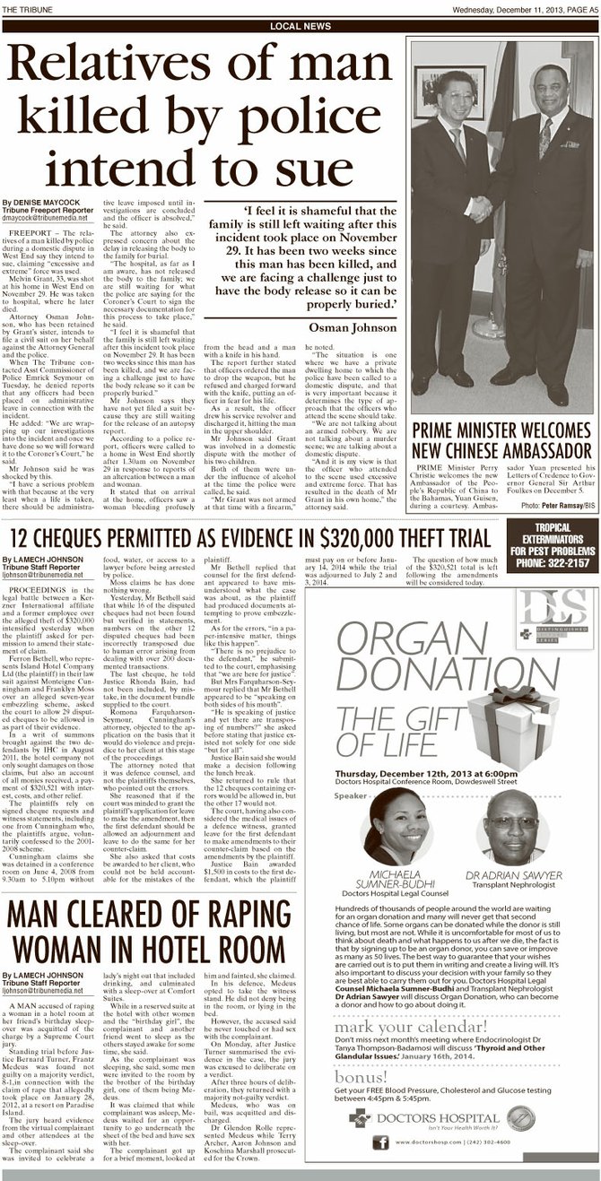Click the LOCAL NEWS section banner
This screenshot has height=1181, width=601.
[300, 27]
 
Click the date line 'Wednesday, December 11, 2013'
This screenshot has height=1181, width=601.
[504, 8]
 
